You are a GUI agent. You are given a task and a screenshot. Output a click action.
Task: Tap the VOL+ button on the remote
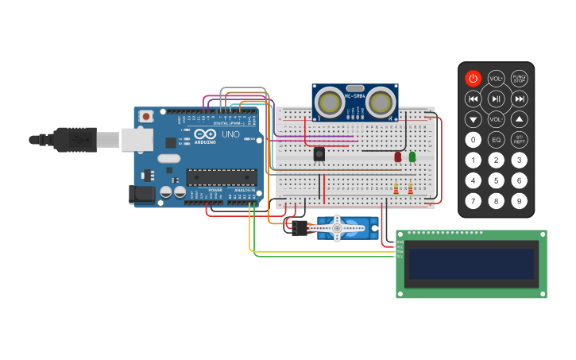496,78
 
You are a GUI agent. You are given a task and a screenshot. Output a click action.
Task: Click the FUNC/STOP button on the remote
519,78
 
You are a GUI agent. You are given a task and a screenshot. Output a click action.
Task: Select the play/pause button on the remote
496,99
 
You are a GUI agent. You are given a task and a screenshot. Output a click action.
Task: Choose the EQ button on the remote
496,140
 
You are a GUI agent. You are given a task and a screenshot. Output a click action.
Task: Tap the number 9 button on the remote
519,201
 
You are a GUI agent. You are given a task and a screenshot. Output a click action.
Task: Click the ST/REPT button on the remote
519,140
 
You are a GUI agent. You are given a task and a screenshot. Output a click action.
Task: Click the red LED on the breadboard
398,157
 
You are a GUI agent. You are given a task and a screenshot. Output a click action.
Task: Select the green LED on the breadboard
412,157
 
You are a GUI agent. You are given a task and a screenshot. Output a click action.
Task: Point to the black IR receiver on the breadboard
319,154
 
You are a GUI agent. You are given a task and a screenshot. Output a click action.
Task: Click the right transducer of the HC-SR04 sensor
381,101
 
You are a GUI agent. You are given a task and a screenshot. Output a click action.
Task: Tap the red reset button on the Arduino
146,116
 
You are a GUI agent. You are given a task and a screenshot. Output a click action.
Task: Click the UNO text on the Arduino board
230,134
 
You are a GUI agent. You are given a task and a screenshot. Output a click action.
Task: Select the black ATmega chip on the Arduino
221,177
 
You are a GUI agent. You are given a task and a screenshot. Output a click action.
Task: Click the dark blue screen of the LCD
470,264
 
